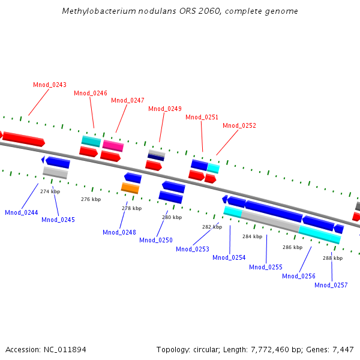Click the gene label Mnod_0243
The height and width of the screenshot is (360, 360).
(x=50, y=85)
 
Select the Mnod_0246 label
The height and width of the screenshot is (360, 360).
(x=91, y=93)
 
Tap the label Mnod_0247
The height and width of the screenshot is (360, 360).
(x=128, y=100)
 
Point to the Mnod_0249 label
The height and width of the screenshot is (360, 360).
(x=165, y=109)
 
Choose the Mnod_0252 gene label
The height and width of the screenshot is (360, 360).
(x=239, y=125)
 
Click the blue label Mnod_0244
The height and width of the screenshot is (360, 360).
(x=22, y=212)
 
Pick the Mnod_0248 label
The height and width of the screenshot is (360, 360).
(x=119, y=232)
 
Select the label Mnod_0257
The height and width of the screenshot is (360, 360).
(x=331, y=285)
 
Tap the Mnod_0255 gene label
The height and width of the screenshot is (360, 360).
(x=266, y=267)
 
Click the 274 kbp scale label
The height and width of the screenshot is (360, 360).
(x=50, y=191)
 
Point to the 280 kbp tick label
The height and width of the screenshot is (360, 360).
(x=172, y=217)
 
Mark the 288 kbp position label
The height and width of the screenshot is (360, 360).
(x=333, y=258)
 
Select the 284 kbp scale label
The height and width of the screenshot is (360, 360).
(x=253, y=236)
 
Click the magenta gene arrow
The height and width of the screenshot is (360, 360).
(x=113, y=146)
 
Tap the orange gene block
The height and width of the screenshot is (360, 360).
(x=130, y=188)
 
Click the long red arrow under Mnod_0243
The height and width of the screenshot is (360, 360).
(x=24, y=139)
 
